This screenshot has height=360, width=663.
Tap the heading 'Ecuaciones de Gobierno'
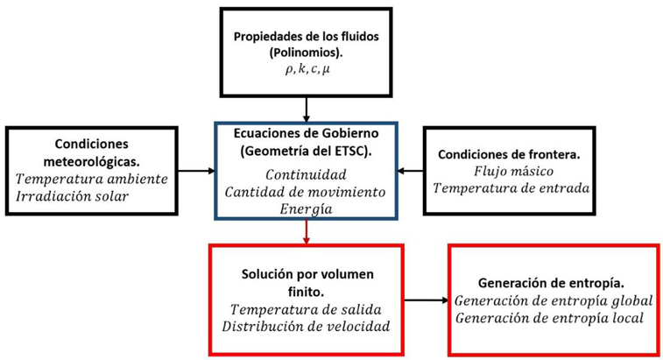tap(306, 136)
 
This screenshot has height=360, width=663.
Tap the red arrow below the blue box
tap(306, 231)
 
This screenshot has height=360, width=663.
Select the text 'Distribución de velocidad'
tap(306, 327)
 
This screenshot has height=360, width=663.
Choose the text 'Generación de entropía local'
tap(549, 318)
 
